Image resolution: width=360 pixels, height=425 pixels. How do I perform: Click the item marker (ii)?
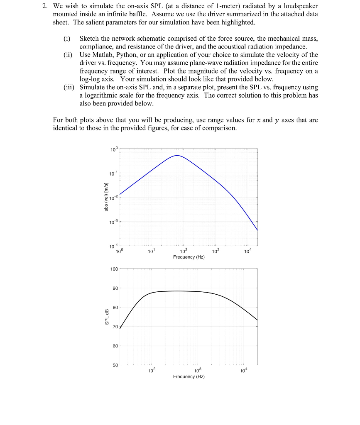68,55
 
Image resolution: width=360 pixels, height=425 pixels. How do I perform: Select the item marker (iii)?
69,87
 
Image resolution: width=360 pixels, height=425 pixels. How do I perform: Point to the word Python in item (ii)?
126,55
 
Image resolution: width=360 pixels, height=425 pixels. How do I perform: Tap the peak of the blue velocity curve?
177,156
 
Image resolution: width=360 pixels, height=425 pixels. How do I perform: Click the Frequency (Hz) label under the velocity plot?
189,257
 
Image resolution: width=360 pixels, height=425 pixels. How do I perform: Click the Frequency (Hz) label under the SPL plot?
189,376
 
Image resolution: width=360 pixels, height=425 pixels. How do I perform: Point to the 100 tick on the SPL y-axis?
114,269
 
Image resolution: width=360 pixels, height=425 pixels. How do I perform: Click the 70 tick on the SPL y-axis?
115,327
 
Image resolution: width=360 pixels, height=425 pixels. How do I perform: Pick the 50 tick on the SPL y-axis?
115,365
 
